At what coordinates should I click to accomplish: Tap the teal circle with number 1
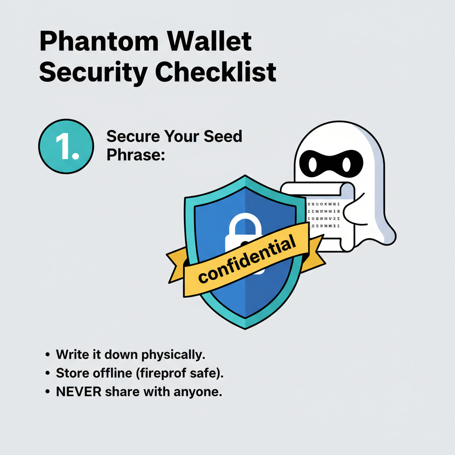coord(66,146)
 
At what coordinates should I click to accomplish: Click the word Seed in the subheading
coord(223,136)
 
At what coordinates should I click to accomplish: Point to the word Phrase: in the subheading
coord(136,155)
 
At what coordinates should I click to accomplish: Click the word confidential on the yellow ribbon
coord(247,260)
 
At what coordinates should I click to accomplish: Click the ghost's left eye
coord(313,164)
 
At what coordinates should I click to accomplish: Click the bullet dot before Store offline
coord(48,373)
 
